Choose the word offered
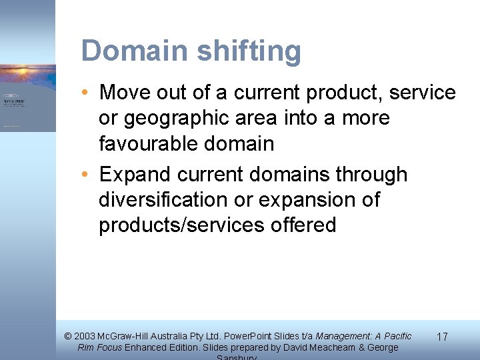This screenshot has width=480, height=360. [x=304, y=225]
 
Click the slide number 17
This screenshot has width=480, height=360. [x=441, y=337]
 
